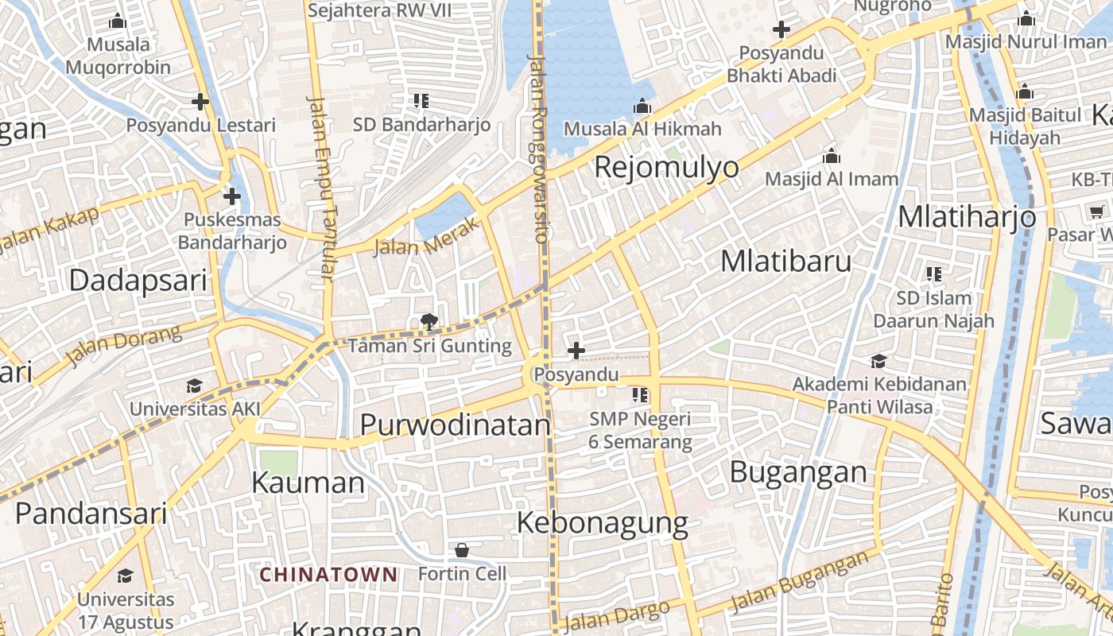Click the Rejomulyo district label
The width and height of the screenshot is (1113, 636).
pyautogui.click(x=666, y=168)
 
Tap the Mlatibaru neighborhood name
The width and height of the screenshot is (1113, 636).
pyautogui.click(x=785, y=262)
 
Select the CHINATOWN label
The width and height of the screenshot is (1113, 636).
pyautogui.click(x=328, y=574)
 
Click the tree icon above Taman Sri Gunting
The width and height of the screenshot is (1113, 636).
pyautogui.click(x=429, y=322)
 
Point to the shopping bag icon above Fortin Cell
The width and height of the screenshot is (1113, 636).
pyautogui.click(x=462, y=550)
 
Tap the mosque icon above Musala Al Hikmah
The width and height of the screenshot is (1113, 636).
pyautogui.click(x=642, y=106)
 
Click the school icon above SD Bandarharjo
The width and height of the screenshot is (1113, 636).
pyautogui.click(x=421, y=101)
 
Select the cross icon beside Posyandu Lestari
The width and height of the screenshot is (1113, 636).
pyautogui.click(x=200, y=102)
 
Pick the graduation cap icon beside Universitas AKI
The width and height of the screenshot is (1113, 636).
pyautogui.click(x=194, y=386)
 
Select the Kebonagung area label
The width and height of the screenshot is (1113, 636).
pyautogui.click(x=603, y=523)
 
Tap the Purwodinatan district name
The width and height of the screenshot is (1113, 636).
pyautogui.click(x=455, y=425)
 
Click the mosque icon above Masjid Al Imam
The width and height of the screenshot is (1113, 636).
pyautogui.click(x=832, y=156)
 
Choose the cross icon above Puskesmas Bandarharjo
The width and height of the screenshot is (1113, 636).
pyautogui.click(x=232, y=196)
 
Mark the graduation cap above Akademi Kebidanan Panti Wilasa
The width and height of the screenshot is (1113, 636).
pyautogui.click(x=878, y=362)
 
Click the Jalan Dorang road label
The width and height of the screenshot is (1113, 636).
pyautogui.click(x=124, y=347)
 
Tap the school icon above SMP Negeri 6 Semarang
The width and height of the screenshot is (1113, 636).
pyautogui.click(x=640, y=394)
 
